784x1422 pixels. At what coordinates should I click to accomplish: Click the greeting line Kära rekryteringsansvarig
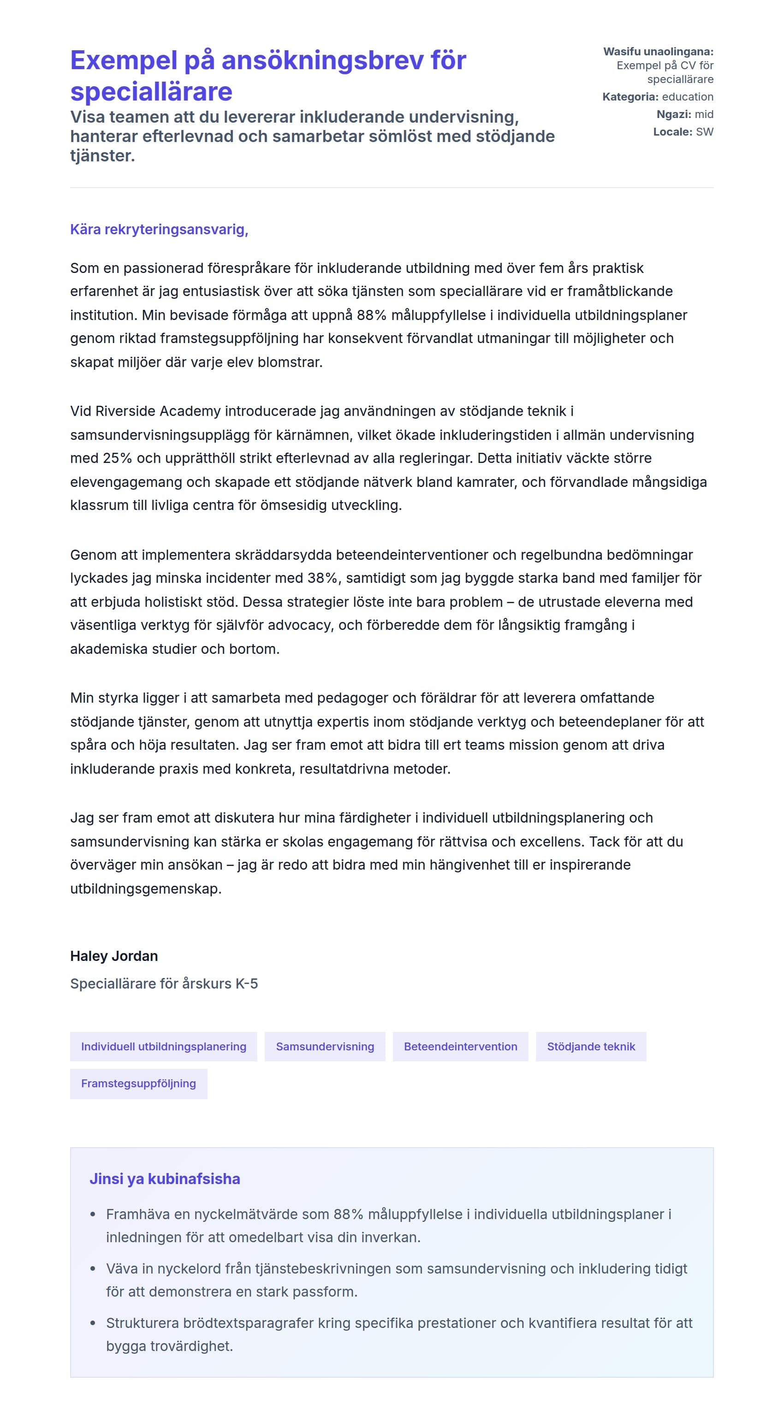[159, 229]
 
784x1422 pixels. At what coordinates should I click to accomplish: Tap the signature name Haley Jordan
[114, 956]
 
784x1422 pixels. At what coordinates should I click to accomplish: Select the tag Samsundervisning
[325, 1047]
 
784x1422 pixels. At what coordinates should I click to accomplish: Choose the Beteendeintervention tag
[460, 1047]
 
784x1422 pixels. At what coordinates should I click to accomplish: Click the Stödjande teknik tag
[591, 1047]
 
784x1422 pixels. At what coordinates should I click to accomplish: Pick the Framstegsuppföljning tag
[138, 1084]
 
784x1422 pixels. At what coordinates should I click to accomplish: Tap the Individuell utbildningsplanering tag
[163, 1047]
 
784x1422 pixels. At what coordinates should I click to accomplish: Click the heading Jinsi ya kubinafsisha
[165, 1179]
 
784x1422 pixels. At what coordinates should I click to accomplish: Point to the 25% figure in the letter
[117, 458]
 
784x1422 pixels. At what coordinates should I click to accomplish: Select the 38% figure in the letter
[323, 578]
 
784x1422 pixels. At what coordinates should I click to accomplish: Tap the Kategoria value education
[687, 97]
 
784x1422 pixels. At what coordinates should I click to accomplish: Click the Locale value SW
[705, 132]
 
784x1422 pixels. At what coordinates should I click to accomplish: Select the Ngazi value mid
[704, 114]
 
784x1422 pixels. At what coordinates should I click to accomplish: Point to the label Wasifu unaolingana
[658, 51]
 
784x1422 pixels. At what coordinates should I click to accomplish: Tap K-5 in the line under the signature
[246, 984]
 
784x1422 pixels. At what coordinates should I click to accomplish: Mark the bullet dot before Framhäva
[93, 1215]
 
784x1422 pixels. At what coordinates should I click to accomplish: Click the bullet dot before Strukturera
[93, 1323]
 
